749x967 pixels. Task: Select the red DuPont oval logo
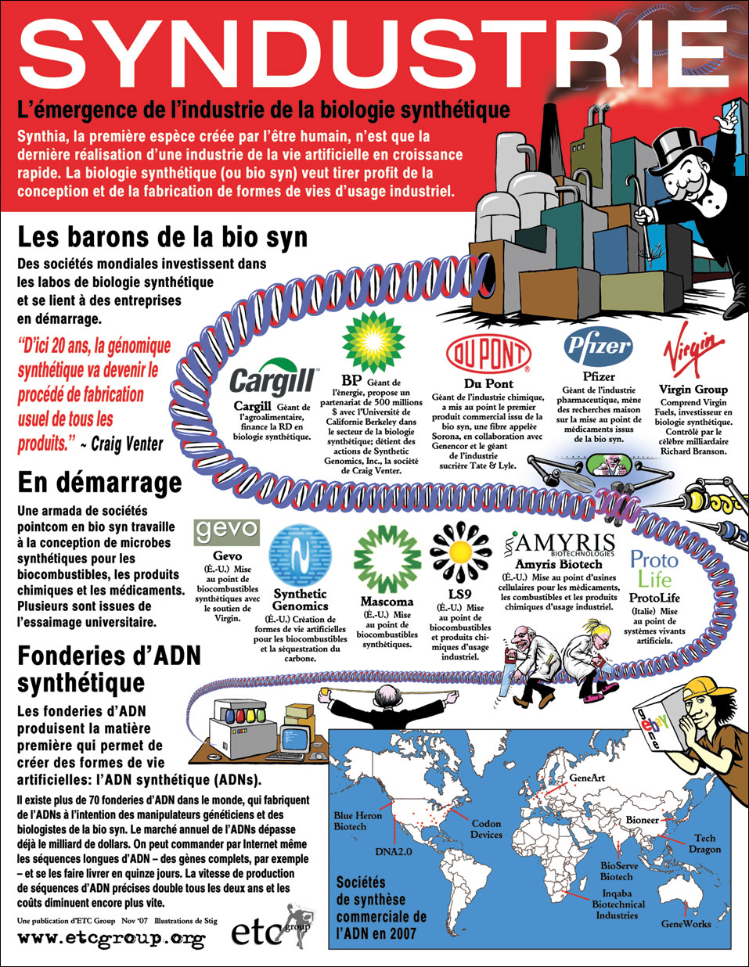(488, 354)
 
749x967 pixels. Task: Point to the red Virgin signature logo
(693, 354)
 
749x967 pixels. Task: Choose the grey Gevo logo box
(226, 531)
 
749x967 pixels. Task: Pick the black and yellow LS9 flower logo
(461, 552)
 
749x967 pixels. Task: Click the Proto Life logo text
(654, 569)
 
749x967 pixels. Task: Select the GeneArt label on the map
(588, 778)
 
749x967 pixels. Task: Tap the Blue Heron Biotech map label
(357, 821)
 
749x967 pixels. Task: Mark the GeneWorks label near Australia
(686, 923)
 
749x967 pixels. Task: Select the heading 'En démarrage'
(99, 482)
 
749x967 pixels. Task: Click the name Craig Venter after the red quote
(127, 444)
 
